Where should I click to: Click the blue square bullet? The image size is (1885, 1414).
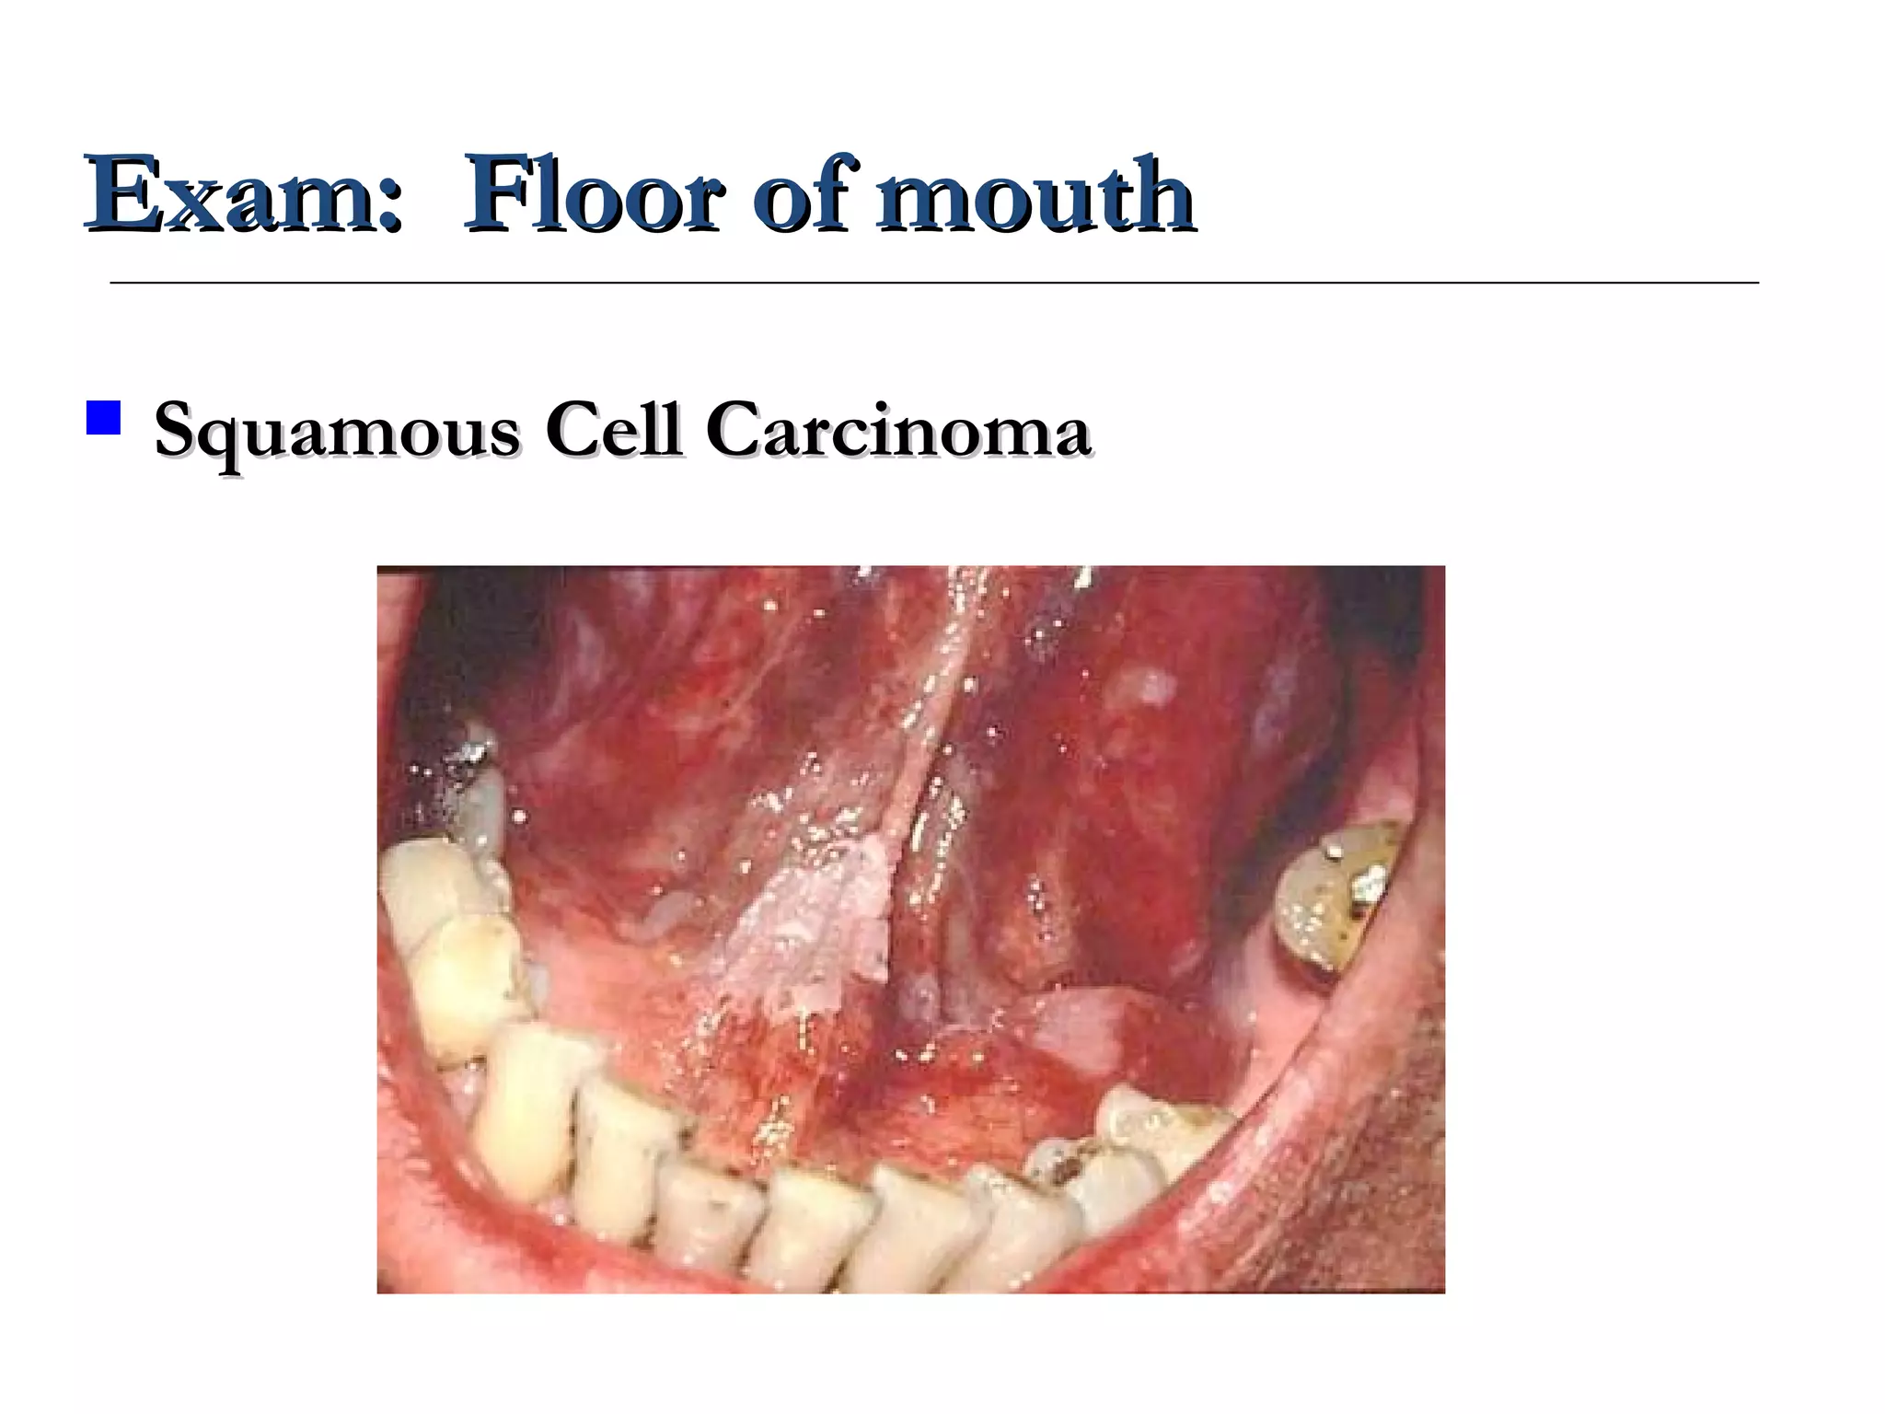[x=103, y=417]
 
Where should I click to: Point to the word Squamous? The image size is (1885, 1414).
[x=336, y=431]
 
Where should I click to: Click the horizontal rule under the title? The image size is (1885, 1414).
[x=933, y=283]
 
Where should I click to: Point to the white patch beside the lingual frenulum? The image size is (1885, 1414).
[x=810, y=930]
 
